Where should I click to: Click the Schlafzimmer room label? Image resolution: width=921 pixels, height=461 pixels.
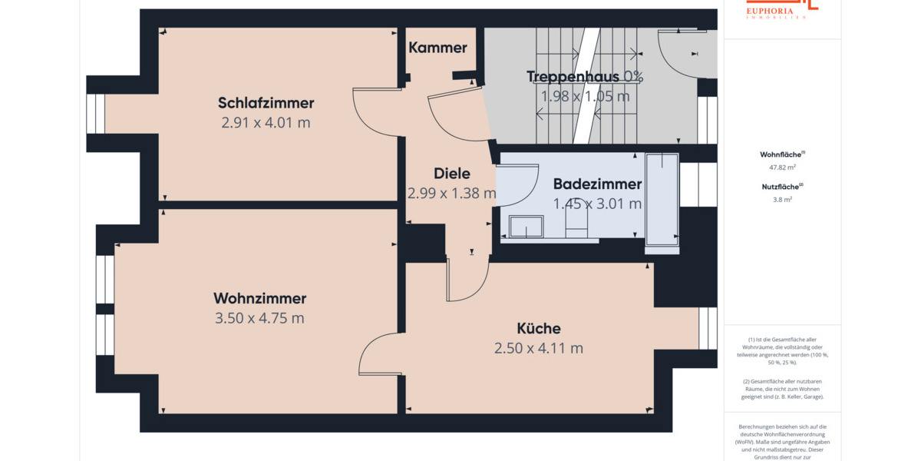click(x=266, y=103)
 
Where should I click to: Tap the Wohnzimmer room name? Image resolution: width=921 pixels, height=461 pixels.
click(x=259, y=298)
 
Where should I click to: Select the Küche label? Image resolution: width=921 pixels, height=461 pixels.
click(x=538, y=328)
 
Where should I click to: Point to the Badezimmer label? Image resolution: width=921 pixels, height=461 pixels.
click(x=597, y=184)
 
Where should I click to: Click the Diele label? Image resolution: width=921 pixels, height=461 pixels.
click(x=451, y=173)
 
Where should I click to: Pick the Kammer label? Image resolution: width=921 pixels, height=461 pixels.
click(x=437, y=48)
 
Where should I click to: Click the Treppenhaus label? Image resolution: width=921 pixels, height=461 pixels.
click(x=573, y=76)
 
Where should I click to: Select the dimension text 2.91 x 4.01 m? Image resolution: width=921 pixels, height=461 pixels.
click(x=266, y=123)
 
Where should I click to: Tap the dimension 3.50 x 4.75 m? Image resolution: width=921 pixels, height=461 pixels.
click(x=259, y=318)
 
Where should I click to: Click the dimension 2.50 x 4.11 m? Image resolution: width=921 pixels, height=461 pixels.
click(x=538, y=348)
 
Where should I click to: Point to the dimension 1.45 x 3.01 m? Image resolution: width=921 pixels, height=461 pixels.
click(x=597, y=204)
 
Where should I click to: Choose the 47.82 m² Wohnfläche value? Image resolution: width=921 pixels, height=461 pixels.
click(x=782, y=167)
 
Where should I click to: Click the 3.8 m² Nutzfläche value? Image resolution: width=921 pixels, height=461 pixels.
click(x=782, y=199)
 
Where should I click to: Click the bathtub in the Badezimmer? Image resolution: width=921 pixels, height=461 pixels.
click(x=662, y=201)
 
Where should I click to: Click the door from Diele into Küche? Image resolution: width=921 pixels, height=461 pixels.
click(x=467, y=279)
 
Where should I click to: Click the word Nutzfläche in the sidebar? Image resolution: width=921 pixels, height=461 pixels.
click(x=781, y=186)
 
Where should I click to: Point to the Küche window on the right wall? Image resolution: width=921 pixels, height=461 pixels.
click(x=707, y=328)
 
